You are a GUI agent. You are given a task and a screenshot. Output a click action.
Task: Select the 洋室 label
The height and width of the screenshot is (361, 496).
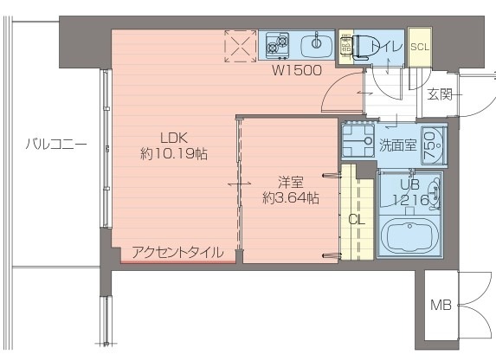click(x=289, y=182)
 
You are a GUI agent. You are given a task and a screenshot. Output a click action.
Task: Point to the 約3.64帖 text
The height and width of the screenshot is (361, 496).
click(x=291, y=198)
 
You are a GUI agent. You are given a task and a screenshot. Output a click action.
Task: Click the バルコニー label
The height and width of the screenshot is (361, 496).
click(x=55, y=144)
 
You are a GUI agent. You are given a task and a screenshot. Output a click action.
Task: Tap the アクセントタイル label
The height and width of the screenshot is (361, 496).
click(x=177, y=253)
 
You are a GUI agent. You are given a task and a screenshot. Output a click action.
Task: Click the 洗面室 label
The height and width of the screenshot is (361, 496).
click(x=398, y=145)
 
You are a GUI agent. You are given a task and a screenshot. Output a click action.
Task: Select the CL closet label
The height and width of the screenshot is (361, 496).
click(x=356, y=219)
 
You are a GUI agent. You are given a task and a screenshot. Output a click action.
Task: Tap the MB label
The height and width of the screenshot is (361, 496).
click(x=439, y=305)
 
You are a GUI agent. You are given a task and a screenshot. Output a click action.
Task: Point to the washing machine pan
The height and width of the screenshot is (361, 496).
click(x=356, y=144)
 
